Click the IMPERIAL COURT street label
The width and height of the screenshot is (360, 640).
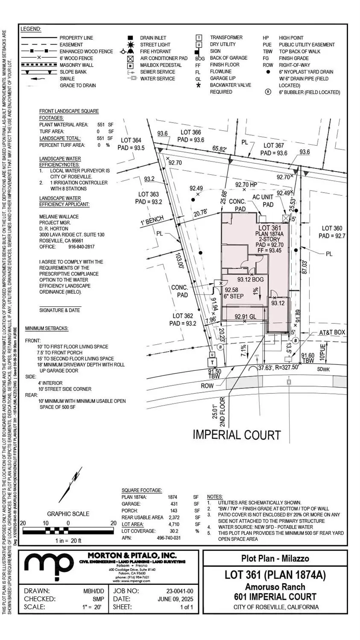[x=237, y=435]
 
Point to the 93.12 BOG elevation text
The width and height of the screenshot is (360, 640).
[x=251, y=279]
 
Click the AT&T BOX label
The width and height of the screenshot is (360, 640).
[x=332, y=332]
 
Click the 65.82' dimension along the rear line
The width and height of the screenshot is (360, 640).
[x=220, y=149]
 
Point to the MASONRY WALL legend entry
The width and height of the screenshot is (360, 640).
[x=77, y=65]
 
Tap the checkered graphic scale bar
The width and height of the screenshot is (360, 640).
[x=68, y=531]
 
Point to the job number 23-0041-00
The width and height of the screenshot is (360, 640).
[x=180, y=591]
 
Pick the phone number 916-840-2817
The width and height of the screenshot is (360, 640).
[x=81, y=247]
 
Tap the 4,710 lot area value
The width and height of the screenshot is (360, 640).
[x=173, y=524]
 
